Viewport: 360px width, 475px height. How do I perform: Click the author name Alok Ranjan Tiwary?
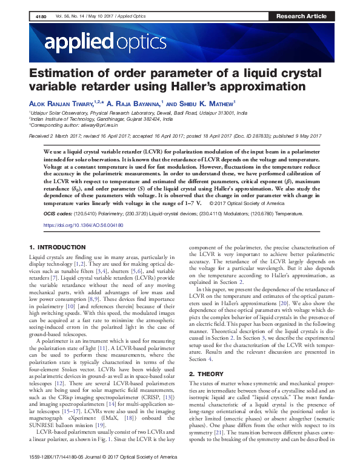point(65,104)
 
